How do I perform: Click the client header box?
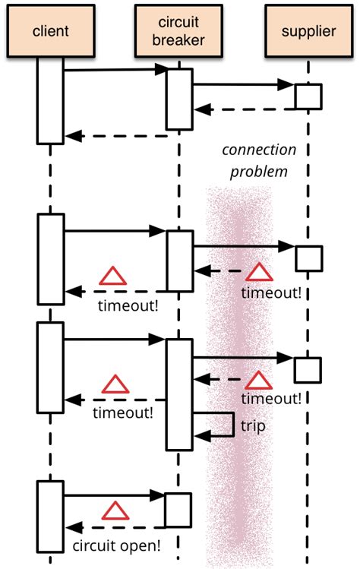pos(51,30)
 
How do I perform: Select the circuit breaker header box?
pos(179,30)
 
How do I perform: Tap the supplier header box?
pos(308,30)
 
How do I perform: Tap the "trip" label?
pos(253,426)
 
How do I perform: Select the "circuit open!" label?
pos(116,545)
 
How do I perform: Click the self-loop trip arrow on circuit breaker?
pos(231,424)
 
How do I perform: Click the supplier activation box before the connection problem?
pos(308,96)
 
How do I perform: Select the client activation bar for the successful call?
pos(51,100)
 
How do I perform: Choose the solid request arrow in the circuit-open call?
pos(114,495)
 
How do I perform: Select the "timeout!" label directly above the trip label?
pos(270,398)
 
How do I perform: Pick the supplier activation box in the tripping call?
pos(308,368)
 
